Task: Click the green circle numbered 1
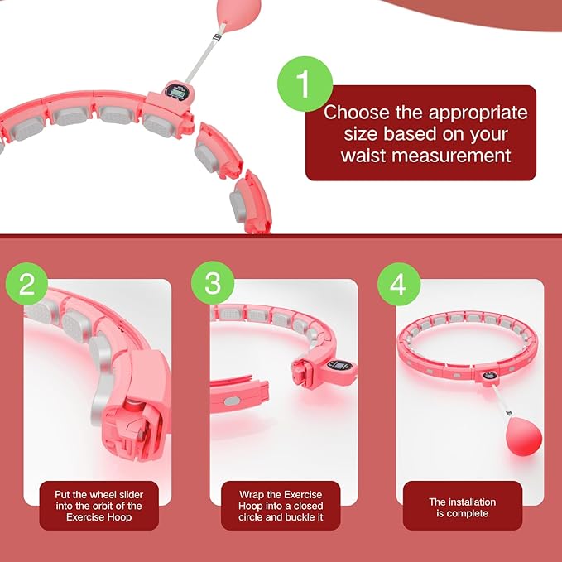click(x=305, y=84)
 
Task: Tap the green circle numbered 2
click(x=26, y=284)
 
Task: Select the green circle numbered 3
click(x=213, y=283)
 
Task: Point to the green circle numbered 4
click(x=399, y=284)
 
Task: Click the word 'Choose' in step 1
click(x=356, y=112)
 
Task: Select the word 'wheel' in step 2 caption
click(x=99, y=495)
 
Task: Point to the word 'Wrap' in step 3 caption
click(x=251, y=495)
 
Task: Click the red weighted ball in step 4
click(x=524, y=439)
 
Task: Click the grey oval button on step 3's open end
click(x=232, y=401)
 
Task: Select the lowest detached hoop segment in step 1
click(x=250, y=203)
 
